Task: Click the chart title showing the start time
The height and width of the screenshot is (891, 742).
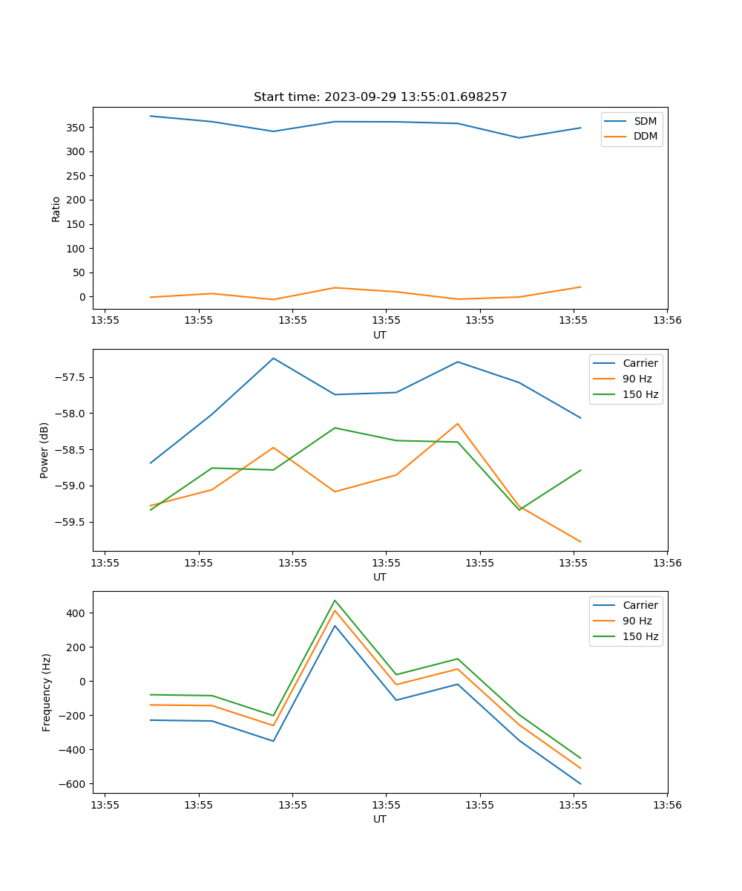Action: pos(380,97)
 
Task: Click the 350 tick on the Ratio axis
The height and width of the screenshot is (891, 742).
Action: pos(76,128)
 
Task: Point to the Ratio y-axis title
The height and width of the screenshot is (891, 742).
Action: pos(56,209)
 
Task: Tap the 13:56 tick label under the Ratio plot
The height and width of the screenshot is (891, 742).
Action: pos(666,321)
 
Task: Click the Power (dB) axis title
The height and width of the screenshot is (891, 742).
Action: pos(45,450)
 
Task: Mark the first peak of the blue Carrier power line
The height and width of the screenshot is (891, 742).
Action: pos(273,359)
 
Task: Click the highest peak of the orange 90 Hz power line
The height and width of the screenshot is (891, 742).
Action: pos(457,424)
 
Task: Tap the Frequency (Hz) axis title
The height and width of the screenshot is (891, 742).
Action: pos(47,692)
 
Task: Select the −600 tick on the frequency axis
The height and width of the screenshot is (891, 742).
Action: pos(73,784)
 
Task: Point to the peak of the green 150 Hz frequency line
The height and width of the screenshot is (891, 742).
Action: pos(335,601)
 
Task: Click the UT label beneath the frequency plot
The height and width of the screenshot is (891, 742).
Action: pos(380,819)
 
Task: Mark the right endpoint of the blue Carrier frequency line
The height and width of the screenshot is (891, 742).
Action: pos(580,783)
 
